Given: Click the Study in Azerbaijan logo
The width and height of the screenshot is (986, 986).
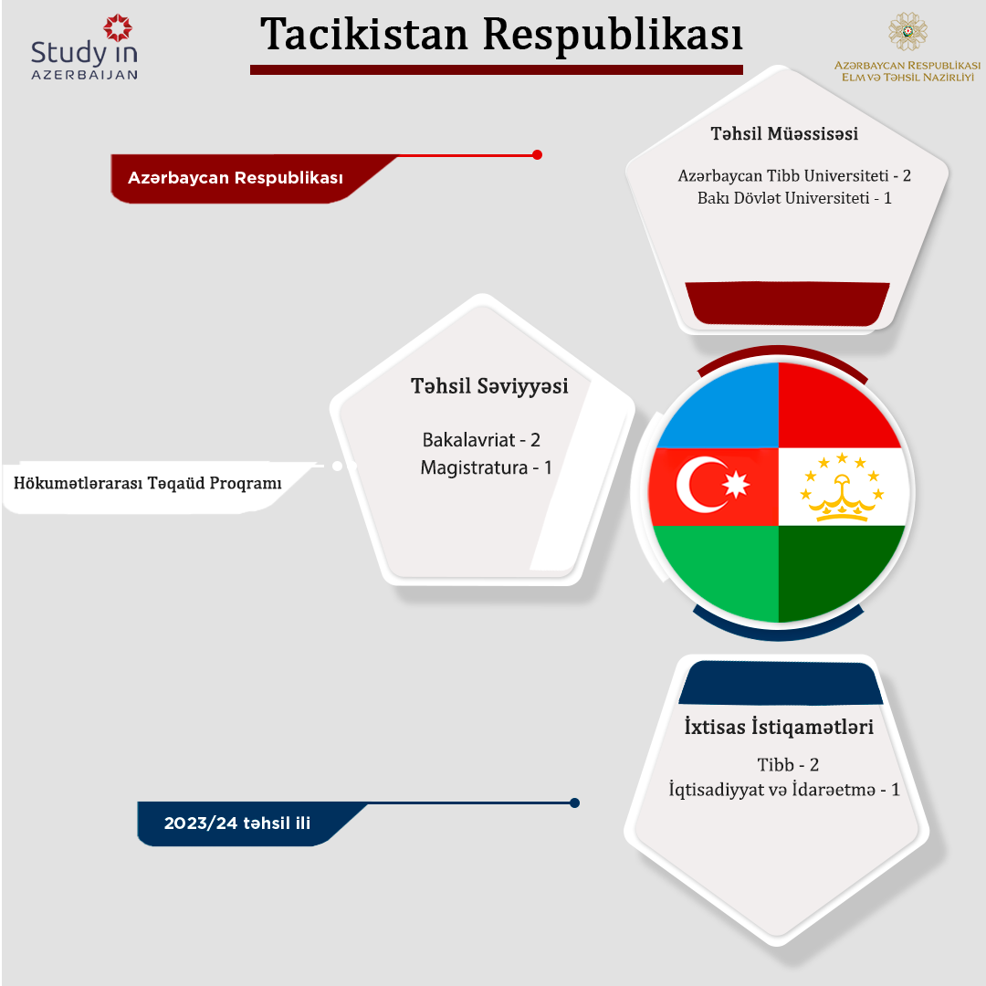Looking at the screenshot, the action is pyautogui.click(x=84, y=47).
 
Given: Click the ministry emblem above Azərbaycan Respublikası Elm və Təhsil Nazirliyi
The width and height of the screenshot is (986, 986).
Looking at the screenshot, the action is pyautogui.click(x=907, y=31).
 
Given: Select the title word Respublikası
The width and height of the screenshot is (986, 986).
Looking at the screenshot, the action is pyautogui.click(x=613, y=36).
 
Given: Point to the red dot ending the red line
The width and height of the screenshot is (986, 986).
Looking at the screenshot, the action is pyautogui.click(x=537, y=154).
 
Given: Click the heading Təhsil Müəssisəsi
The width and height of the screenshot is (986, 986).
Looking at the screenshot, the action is pyautogui.click(x=784, y=133).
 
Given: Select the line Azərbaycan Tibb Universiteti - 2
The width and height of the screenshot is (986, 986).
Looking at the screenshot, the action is pyautogui.click(x=794, y=175).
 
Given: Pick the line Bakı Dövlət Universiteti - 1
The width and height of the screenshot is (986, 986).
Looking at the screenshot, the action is pyautogui.click(x=794, y=198).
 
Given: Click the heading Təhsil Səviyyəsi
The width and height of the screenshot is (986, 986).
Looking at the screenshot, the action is pyautogui.click(x=489, y=386).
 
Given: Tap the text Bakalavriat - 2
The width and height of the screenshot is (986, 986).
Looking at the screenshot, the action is pyautogui.click(x=481, y=439).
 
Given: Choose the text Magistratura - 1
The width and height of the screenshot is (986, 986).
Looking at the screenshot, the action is pyautogui.click(x=486, y=467).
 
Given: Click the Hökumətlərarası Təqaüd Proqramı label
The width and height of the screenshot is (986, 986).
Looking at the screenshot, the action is pyautogui.click(x=147, y=483).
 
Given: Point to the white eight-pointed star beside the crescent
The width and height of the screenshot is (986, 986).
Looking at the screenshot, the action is pyautogui.click(x=736, y=484).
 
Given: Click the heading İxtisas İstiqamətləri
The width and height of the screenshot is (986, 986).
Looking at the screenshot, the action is pyautogui.click(x=779, y=727).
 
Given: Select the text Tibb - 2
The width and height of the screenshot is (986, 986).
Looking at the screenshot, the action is pyautogui.click(x=788, y=765).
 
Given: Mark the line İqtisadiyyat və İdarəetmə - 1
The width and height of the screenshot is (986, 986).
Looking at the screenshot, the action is pyautogui.click(x=784, y=789).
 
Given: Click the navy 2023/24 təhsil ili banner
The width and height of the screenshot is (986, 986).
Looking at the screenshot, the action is pyautogui.click(x=237, y=823).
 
